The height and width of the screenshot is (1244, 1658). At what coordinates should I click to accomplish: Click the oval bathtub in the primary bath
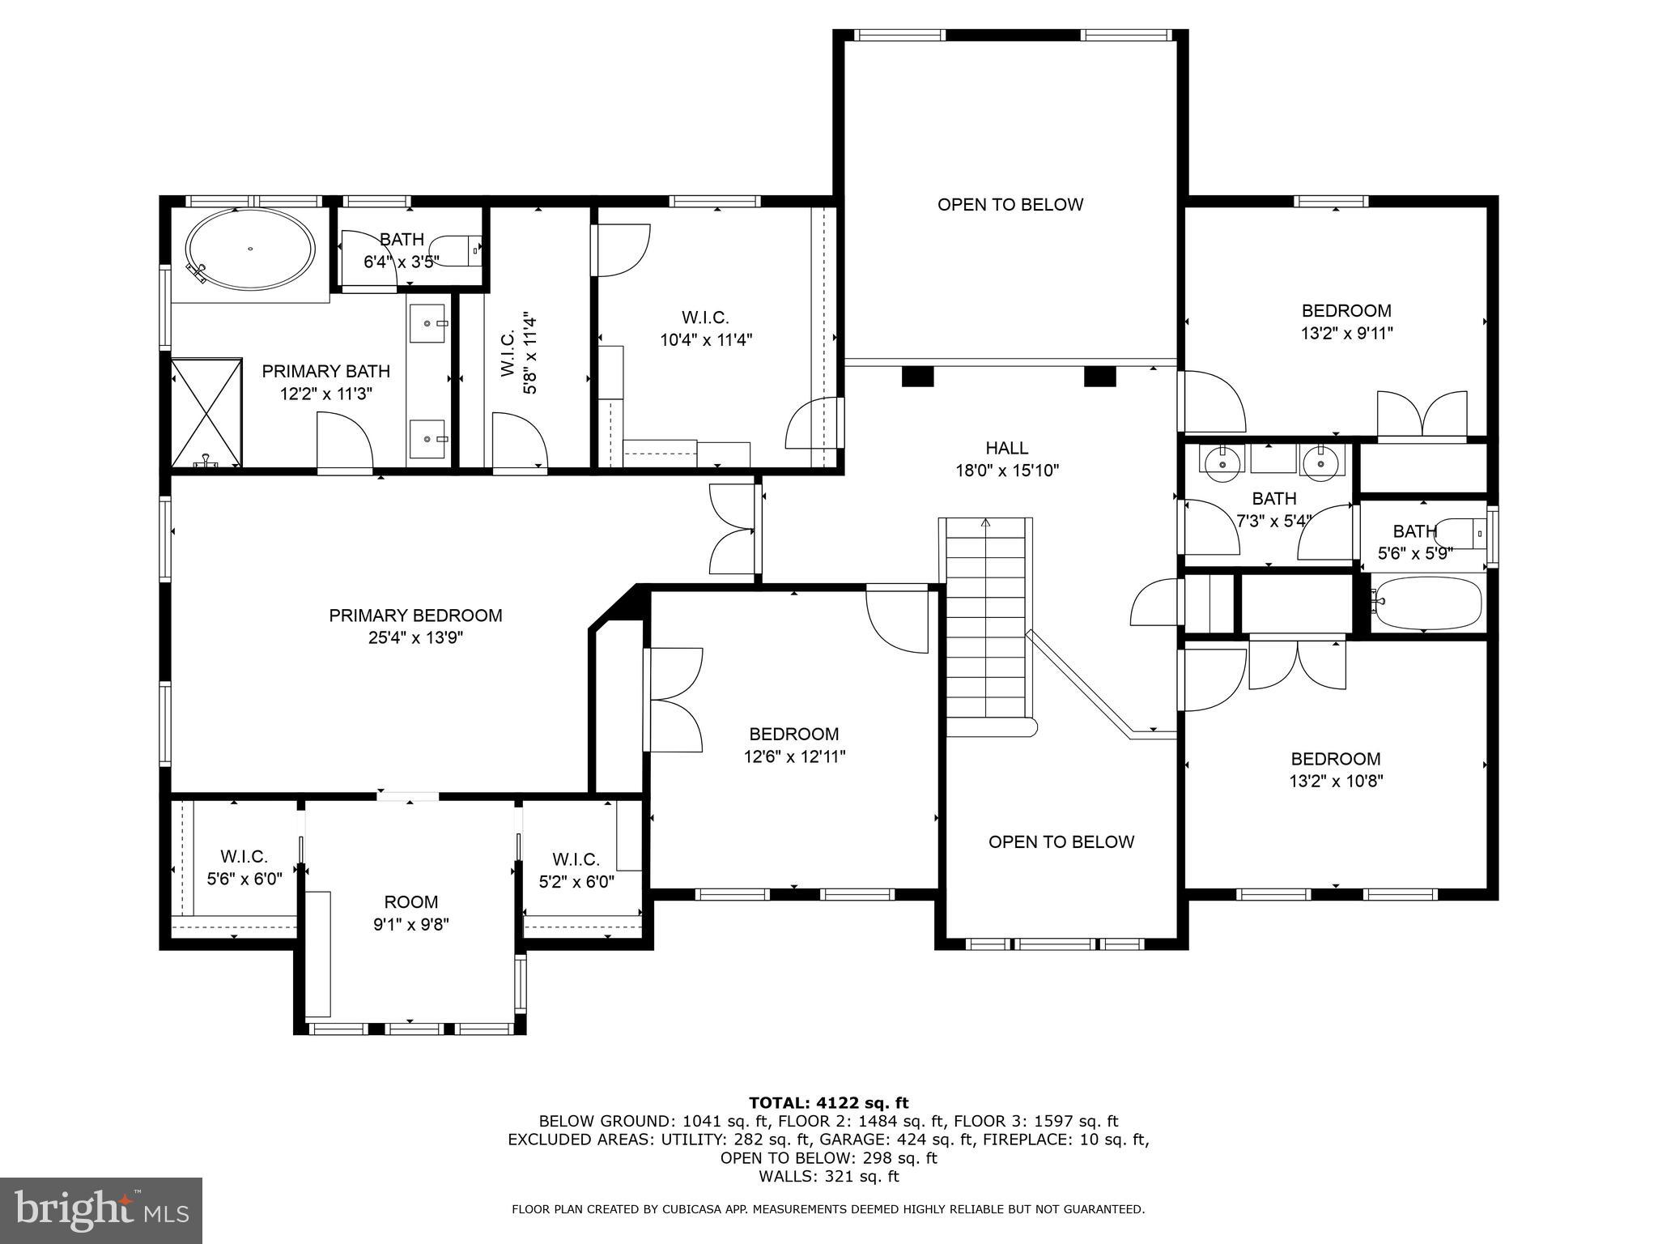pyautogui.click(x=250, y=249)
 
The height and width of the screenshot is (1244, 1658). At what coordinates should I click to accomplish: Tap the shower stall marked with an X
pyautogui.click(x=206, y=413)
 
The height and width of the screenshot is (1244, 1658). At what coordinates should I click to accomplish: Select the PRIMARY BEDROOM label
pyautogui.click(x=415, y=616)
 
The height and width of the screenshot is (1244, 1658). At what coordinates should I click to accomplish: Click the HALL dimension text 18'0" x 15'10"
pyautogui.click(x=1007, y=471)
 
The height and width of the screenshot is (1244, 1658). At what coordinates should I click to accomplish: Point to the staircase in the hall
pyautogui.click(x=986, y=624)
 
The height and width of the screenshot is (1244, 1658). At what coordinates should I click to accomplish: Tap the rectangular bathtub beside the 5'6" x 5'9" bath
pyautogui.click(x=1427, y=603)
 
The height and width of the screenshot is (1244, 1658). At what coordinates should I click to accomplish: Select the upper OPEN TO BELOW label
pyautogui.click(x=1010, y=205)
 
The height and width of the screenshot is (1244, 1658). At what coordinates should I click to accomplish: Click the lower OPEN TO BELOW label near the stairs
pyautogui.click(x=1061, y=842)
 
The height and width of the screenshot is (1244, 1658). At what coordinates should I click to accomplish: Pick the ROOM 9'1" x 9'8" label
pyautogui.click(x=411, y=913)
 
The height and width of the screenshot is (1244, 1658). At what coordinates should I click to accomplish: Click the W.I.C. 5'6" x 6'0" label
pyautogui.click(x=244, y=867)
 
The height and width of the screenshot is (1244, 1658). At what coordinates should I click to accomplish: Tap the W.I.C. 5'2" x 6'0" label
pyautogui.click(x=576, y=870)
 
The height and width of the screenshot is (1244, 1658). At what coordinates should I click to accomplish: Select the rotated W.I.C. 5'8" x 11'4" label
pyautogui.click(x=518, y=354)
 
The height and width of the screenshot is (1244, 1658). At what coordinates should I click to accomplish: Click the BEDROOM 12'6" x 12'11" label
pyautogui.click(x=794, y=745)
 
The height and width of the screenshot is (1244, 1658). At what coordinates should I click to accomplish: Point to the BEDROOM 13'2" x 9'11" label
pyautogui.click(x=1346, y=322)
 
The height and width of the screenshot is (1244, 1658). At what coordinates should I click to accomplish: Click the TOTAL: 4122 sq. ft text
pyautogui.click(x=828, y=1103)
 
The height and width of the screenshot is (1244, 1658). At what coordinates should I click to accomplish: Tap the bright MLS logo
pyautogui.click(x=101, y=1211)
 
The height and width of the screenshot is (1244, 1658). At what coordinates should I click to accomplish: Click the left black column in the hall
pyautogui.click(x=917, y=377)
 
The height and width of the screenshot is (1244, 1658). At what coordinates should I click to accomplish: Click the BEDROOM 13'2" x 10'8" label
pyautogui.click(x=1336, y=769)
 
